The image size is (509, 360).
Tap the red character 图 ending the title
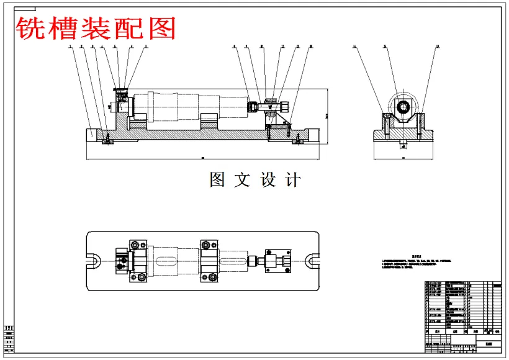163,28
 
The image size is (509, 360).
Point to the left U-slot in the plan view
95,261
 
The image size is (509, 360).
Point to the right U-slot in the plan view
310,261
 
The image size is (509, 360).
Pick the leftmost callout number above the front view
71,47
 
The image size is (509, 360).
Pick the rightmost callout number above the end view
438,47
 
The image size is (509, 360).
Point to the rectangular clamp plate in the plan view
277,261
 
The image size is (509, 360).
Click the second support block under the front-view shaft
209,122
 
